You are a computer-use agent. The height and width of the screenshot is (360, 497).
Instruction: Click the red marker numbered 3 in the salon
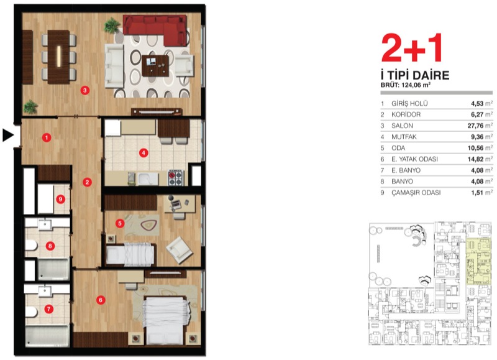pyautogui.click(x=84, y=90)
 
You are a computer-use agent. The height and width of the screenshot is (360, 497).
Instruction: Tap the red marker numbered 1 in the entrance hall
pyautogui.click(x=47, y=137)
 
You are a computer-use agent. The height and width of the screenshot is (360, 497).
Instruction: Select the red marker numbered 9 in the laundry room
pyautogui.click(x=60, y=199)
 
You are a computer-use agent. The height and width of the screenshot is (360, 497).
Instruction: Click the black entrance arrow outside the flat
pyautogui.click(x=9, y=135)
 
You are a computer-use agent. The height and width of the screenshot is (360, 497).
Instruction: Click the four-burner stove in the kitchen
pyautogui.click(x=176, y=178)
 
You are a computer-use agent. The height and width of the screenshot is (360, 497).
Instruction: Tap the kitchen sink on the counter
pyautogui.click(x=148, y=179)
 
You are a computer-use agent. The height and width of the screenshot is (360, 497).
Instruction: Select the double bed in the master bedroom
pyautogui.click(x=164, y=320)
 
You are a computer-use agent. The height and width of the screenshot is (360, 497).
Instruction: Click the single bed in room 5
pyautogui.click(x=130, y=254)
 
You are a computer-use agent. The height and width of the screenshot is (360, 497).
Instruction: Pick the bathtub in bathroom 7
pyautogui.click(x=48, y=336)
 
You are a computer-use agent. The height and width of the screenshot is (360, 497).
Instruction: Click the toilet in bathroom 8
pyautogui.click(x=31, y=245)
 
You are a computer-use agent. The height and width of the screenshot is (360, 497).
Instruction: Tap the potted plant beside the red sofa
pyautogui.click(x=112, y=25)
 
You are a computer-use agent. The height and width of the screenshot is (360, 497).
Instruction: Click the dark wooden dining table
pyautogui.click(x=58, y=57)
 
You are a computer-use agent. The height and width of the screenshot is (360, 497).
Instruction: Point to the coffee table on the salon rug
pyautogui.click(x=155, y=66)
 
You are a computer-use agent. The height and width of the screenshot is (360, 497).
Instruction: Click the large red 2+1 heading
pyautogui.click(x=411, y=48)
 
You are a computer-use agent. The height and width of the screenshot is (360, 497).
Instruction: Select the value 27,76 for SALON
pyautogui.click(x=475, y=126)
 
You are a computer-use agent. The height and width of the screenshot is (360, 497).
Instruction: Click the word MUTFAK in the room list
pyautogui.click(x=404, y=137)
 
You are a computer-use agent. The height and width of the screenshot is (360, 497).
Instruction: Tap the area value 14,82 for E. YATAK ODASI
pyautogui.click(x=475, y=159)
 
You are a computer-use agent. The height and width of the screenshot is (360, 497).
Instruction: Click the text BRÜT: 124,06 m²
pyautogui.click(x=406, y=85)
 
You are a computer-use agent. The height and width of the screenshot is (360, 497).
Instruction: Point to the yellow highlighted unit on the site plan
pyautogui.click(x=478, y=262)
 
